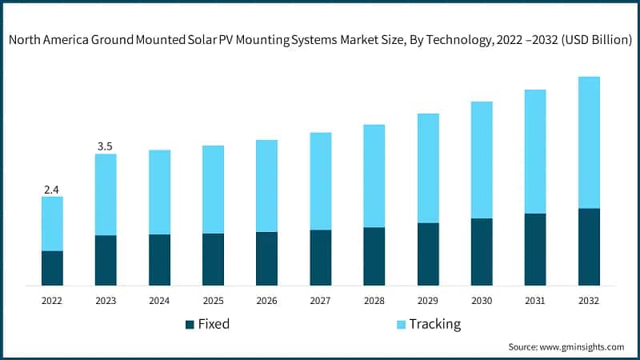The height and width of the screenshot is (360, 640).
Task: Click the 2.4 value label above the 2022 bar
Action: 52,190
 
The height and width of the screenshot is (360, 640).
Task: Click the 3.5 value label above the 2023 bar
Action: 106,146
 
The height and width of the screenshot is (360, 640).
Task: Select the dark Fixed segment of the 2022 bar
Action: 52,268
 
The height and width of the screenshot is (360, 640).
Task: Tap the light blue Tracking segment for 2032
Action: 589,142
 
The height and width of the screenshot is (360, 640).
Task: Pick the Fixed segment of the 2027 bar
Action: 321,258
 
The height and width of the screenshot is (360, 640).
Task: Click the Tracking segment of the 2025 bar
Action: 213,190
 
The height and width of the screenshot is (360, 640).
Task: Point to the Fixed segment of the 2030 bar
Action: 482,252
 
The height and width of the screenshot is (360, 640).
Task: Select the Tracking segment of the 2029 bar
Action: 428,168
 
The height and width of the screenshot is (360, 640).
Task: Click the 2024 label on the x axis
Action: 159,301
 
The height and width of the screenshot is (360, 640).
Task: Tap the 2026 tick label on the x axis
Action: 266,301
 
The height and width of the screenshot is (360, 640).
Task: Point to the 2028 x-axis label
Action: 374,301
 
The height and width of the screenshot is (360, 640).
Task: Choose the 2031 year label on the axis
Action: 535,301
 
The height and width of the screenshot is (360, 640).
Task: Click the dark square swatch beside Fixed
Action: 190,325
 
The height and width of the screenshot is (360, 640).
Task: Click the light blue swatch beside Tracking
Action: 400,325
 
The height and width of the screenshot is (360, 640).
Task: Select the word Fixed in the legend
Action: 214,325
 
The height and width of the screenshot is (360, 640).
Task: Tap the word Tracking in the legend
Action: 435,325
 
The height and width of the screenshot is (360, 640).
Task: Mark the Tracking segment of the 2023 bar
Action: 106,194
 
